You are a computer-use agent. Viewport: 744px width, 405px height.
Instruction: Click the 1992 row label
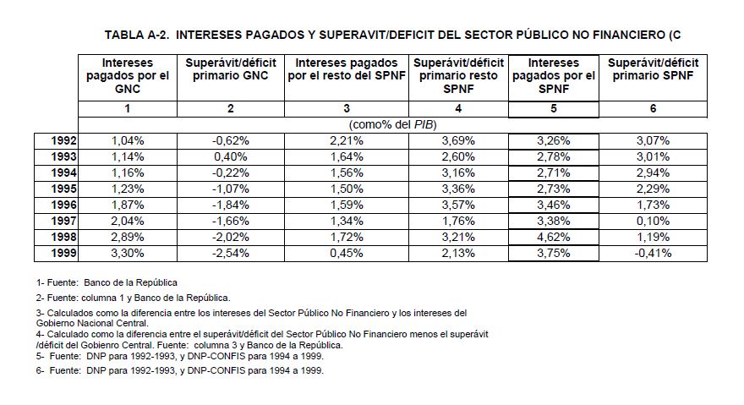58,141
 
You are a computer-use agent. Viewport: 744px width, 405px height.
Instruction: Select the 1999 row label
58,252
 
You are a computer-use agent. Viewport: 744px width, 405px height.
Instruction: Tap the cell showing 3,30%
128,252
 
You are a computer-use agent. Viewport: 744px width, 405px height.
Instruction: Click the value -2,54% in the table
231,252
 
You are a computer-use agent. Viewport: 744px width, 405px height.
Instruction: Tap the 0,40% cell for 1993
231,156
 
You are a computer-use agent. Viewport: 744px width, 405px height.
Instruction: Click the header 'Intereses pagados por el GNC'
128,76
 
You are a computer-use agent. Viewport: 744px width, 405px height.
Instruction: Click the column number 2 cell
231,108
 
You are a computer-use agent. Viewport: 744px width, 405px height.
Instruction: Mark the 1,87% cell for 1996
128,205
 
